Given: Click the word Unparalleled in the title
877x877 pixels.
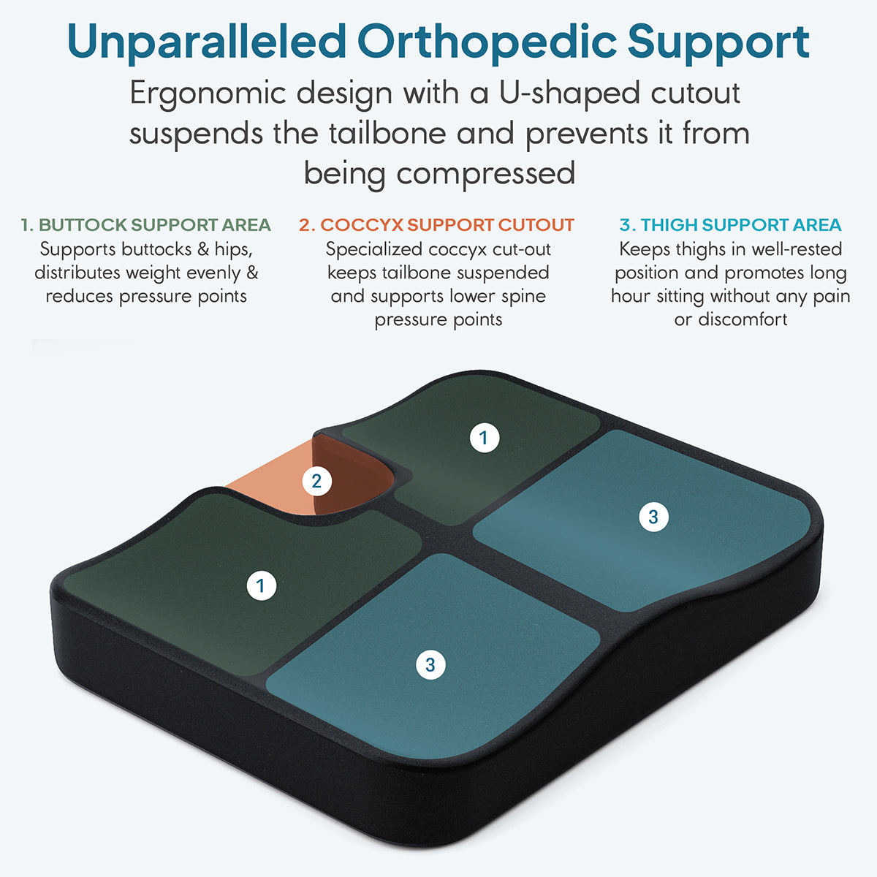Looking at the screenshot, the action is tap(207, 42).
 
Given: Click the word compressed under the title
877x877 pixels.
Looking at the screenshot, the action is tap(485, 175).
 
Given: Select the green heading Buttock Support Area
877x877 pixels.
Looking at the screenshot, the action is tap(146, 225).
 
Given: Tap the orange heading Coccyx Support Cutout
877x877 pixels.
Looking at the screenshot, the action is tap(436, 225).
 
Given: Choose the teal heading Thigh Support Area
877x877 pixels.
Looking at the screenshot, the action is tap(730, 225).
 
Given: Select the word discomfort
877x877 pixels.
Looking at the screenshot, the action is tap(743, 319).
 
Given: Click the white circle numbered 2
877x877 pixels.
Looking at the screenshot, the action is tap(316, 481).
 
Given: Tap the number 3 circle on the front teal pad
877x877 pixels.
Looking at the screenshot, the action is tap(430, 665).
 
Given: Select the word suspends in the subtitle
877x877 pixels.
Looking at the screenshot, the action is tap(196, 134).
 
